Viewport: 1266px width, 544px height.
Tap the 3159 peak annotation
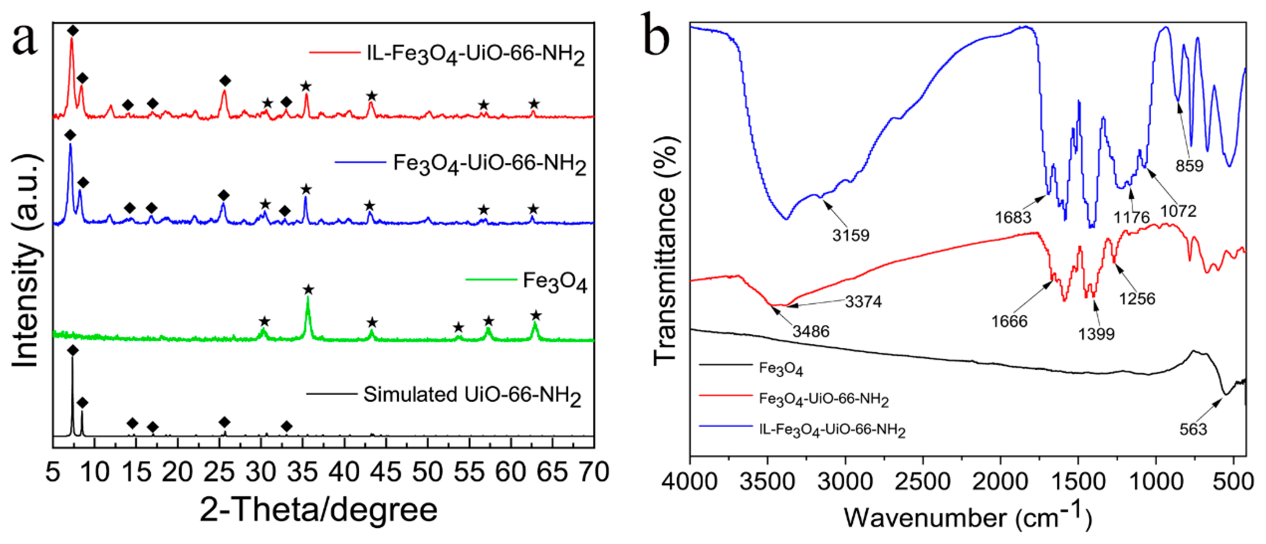tap(851, 235)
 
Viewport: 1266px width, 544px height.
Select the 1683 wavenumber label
tap(1013, 217)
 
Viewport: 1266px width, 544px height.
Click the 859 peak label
tap(1189, 166)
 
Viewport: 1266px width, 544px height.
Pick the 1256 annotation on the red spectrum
tap(1137, 299)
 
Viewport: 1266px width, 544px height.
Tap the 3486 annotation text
tap(811, 332)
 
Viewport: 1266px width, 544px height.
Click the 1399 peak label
tap(1096, 335)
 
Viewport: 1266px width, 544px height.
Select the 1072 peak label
tap(1179, 211)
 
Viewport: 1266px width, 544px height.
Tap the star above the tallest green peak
tap(309, 290)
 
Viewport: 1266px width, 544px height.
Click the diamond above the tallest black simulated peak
tap(73, 350)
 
